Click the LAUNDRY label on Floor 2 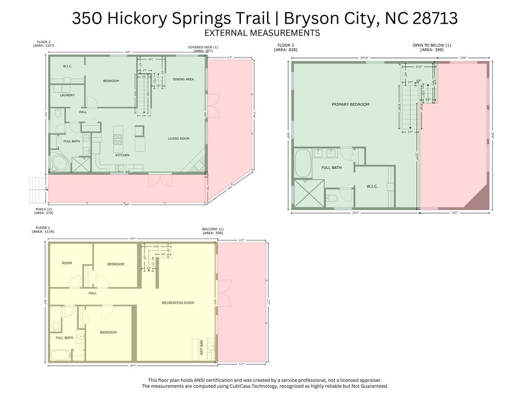click(x=67, y=95)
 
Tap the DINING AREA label click(x=183, y=79)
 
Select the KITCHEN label click(x=122, y=155)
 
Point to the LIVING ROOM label click(x=178, y=139)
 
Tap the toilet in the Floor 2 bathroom click(x=57, y=115)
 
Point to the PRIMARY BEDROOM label click(x=350, y=104)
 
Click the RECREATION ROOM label click(x=178, y=303)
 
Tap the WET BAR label click(x=202, y=349)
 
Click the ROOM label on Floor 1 click(x=67, y=263)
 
